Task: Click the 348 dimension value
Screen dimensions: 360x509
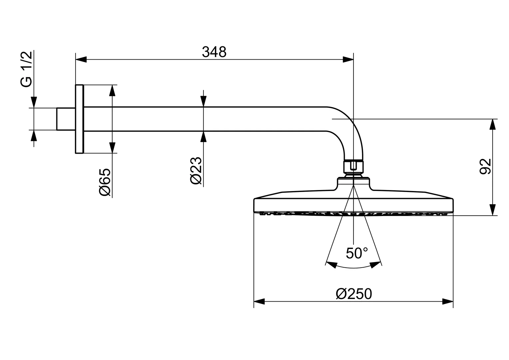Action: [214, 52]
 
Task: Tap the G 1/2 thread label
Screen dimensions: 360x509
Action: [27, 69]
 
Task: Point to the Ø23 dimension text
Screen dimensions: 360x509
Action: [196, 170]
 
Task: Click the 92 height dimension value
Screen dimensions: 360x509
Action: [486, 166]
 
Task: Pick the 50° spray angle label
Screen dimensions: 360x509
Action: [357, 253]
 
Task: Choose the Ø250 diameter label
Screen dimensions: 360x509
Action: [354, 294]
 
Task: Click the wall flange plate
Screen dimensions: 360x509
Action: [79, 119]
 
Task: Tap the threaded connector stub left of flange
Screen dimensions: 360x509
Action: [66, 119]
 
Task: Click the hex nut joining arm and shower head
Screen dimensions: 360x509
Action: [353, 166]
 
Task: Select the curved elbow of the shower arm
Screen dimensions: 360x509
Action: [350, 130]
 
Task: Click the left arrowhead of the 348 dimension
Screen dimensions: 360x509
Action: [81, 60]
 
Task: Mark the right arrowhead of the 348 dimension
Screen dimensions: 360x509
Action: [348, 60]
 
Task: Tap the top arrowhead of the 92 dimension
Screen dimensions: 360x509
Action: [492, 124]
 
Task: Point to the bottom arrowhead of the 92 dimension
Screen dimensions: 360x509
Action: [492, 210]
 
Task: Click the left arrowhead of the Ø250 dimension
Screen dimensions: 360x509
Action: [259, 302]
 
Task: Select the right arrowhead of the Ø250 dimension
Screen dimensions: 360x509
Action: [448, 302]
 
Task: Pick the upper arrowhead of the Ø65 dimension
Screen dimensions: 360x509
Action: [112, 90]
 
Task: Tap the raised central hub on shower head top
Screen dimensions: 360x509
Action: [353, 184]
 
